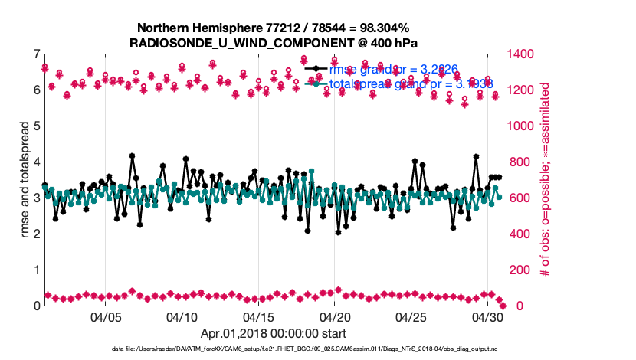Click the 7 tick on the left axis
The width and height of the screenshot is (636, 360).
coord(36,54)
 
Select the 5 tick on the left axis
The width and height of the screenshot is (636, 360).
coord(36,126)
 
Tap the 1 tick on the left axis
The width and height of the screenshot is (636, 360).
coord(36,270)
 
